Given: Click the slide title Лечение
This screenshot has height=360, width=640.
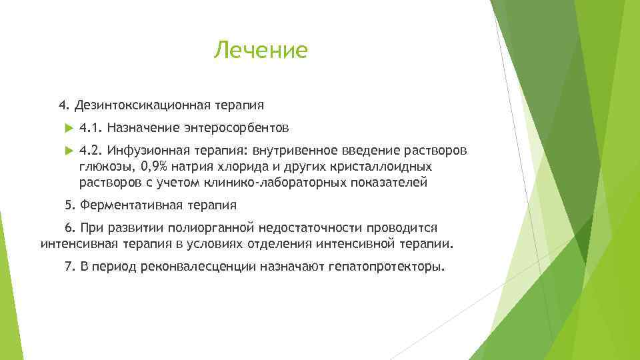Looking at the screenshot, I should (261, 50).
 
